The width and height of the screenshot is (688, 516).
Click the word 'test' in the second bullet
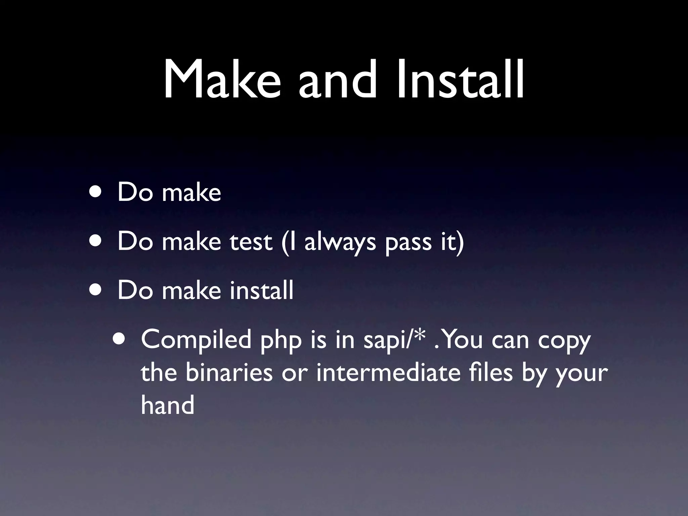(251, 241)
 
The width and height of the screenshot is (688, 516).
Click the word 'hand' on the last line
(167, 405)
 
